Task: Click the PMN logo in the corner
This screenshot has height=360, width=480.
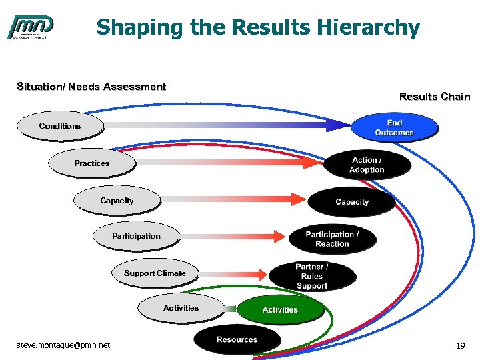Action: pos(31,27)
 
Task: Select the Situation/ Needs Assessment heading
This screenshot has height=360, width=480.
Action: pos(91,87)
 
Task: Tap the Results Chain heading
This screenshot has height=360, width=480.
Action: pos(434,97)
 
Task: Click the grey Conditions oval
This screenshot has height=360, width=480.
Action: pos(60,126)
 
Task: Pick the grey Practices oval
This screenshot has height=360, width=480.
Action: pos(92,163)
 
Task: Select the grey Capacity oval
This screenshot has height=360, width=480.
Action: pos(117,201)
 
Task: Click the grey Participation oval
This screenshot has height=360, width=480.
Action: pos(136,236)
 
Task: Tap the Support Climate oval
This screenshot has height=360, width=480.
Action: pos(155,273)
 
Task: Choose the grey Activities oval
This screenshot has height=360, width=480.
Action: pos(181,308)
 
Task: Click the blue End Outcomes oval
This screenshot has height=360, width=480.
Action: pos(394,127)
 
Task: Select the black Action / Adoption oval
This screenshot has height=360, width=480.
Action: pos(367,165)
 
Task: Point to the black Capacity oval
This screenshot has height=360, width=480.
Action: pos(351,202)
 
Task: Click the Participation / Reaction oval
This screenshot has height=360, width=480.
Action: pos(332,239)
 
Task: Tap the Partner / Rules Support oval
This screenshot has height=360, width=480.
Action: pos(312,276)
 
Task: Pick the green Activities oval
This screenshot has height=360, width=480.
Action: pos(280,310)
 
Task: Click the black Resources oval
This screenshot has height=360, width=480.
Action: pos(237,340)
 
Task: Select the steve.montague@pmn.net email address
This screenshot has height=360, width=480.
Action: pos(63,345)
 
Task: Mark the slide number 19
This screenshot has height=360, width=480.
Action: pos(459,346)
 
